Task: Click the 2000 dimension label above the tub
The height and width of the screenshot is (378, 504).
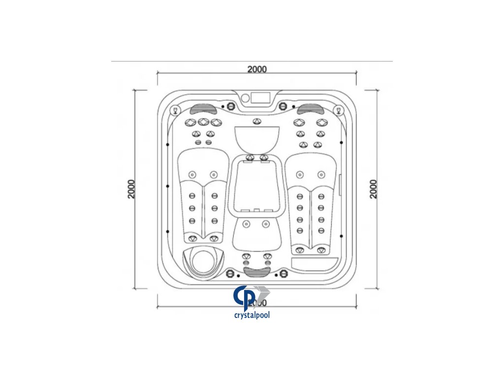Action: click(257, 69)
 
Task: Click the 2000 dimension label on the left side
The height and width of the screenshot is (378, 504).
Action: click(131, 189)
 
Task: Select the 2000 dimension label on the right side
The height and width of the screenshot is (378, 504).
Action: click(374, 189)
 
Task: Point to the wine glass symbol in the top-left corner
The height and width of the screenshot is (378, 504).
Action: click(174, 110)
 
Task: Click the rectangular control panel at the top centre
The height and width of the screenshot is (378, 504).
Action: click(256, 97)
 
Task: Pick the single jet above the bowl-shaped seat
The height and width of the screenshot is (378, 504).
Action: click(256, 122)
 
